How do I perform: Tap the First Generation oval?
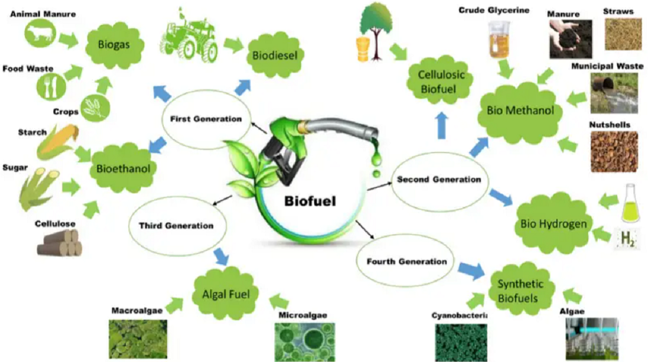207,119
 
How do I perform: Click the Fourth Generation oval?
407,262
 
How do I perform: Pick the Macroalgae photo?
138,339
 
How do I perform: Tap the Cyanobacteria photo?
461,342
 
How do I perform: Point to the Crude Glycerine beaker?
500,40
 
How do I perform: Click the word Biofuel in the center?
310,201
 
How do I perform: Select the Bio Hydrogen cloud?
552,223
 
